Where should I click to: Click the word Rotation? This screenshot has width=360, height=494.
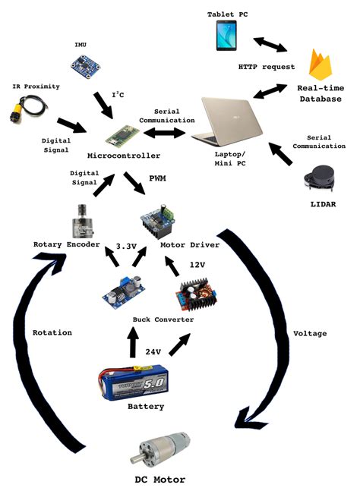click(x=52, y=332)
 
